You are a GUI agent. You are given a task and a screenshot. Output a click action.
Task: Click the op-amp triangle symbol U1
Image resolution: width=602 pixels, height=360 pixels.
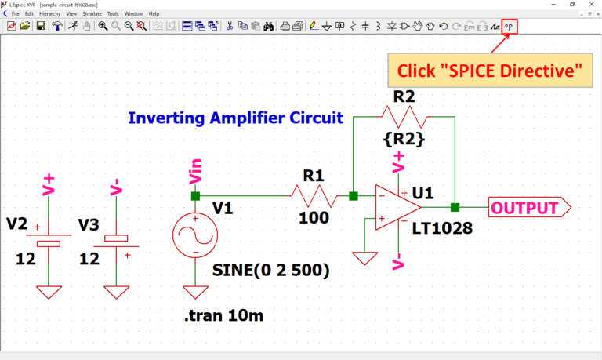click(397, 208)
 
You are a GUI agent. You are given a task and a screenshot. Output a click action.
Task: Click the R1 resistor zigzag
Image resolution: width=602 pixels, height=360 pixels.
click(314, 196)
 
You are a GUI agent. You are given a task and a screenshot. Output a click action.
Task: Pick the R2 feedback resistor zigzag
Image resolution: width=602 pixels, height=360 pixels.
click(404, 117)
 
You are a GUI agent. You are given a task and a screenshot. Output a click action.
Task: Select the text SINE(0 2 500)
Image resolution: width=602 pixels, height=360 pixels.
click(270, 271)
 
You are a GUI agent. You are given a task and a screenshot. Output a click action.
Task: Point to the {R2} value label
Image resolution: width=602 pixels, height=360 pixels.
click(404, 140)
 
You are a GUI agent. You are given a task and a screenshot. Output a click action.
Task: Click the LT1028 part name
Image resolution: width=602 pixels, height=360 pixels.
click(442, 228)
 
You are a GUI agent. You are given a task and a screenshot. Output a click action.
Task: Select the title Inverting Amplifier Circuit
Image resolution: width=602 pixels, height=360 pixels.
click(235, 118)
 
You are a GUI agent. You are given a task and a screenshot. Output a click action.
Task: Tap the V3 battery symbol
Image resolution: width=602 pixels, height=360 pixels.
click(116, 238)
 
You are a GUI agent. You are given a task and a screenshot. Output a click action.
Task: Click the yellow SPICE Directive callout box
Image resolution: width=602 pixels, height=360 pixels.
click(489, 71)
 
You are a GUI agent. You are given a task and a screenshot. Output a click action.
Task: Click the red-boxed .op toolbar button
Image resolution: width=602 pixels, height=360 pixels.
click(510, 26)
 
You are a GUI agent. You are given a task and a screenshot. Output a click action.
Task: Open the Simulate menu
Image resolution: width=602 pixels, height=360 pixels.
click(92, 13)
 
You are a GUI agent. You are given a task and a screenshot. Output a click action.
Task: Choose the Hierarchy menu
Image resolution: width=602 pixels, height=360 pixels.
click(50, 13)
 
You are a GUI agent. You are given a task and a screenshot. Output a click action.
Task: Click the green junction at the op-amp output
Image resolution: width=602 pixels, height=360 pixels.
click(455, 208)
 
